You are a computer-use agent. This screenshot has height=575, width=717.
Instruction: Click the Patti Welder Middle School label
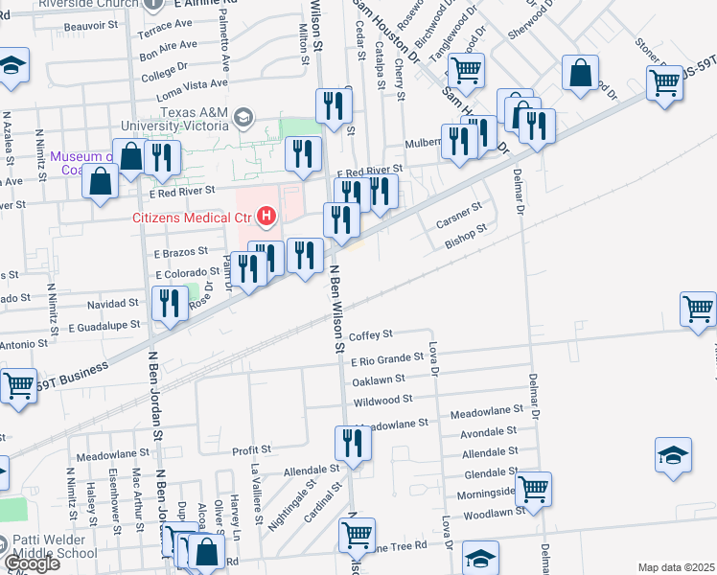[50, 546]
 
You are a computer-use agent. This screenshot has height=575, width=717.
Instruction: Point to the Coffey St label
[371, 334]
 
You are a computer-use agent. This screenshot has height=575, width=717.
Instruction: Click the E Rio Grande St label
[386, 358]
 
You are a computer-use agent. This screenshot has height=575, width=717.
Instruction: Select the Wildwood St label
[382, 398]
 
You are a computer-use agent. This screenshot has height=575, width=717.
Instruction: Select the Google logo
[33, 563]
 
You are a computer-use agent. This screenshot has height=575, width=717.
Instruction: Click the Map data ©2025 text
[675, 567]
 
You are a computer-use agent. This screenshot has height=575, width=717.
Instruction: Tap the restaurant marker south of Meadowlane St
[353, 444]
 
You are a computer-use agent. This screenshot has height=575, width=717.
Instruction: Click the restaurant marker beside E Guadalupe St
[170, 305]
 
